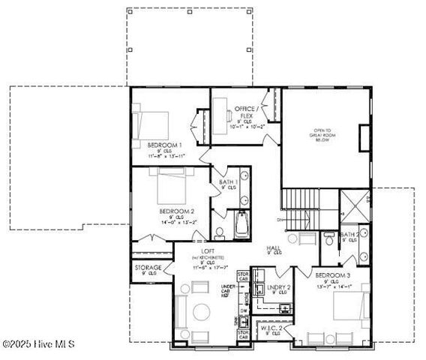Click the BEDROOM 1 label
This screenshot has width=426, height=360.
point(161,144)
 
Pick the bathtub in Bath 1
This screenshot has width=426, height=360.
point(243,224)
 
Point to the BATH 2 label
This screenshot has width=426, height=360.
point(349,235)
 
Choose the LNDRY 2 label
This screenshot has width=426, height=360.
point(278,287)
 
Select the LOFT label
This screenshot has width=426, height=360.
point(208,251)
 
